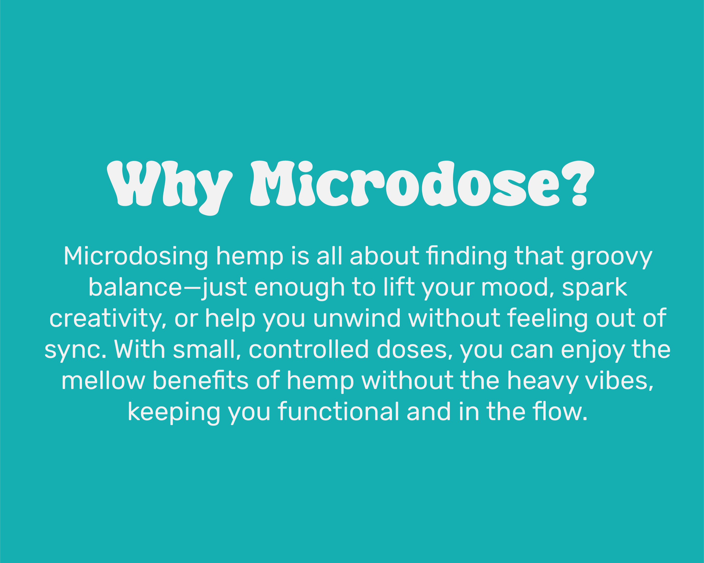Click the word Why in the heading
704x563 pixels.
click(170, 188)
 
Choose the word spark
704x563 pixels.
click(594, 289)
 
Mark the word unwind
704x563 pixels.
click(357, 318)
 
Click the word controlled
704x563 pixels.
click(309, 349)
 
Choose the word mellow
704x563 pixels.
click(103, 380)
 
